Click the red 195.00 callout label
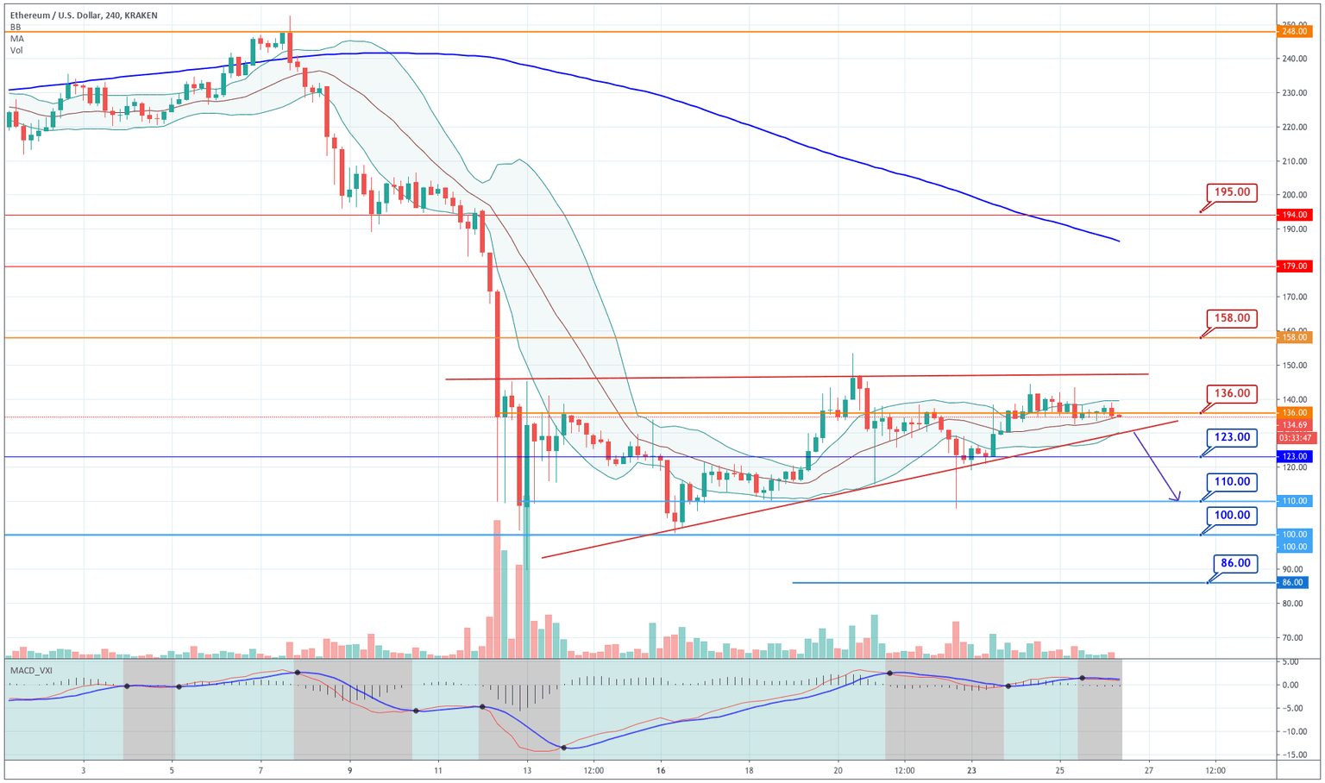coord(1233,192)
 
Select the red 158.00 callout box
coord(1233,318)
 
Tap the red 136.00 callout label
coord(1233,393)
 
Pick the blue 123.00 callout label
coord(1233,437)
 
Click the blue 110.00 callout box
coord(1233,481)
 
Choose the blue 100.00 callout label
coord(1233,516)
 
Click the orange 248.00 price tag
coord(1296,31)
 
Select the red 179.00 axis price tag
coord(1296,266)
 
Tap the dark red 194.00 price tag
coord(1296,215)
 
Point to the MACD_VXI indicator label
coord(32,670)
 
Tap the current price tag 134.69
coord(1296,425)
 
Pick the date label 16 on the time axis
coord(661,769)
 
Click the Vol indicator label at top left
coord(16,51)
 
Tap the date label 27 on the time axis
coord(1149,769)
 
